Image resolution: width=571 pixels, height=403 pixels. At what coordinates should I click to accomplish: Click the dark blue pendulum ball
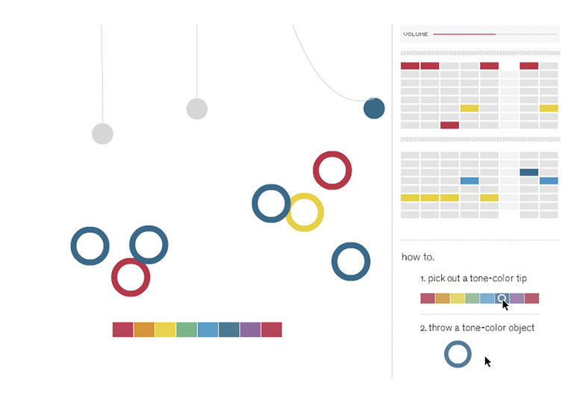coord(374,108)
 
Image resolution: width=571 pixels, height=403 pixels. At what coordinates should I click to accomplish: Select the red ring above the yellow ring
coord(332,170)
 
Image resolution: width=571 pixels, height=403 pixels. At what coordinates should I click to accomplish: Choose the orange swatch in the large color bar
coord(144,329)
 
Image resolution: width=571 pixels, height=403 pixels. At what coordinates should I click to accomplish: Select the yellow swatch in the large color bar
coord(165,329)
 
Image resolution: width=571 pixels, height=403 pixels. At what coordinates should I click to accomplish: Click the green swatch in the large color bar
coord(187,329)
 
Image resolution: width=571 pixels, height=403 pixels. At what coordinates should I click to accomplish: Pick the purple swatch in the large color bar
coord(250,329)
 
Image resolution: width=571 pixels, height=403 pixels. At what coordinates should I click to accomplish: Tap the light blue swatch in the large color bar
coord(208,329)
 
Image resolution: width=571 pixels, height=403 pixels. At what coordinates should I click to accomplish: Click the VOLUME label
coord(416,34)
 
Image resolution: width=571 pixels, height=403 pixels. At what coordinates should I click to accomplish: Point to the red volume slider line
coord(464,34)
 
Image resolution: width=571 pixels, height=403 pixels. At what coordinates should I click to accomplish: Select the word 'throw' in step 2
coord(440,328)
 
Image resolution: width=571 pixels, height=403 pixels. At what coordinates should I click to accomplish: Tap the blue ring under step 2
coord(458,354)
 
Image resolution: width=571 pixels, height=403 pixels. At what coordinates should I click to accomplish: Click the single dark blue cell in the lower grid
coord(529,172)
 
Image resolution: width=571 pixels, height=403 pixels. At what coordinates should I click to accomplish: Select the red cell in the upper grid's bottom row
coord(449,125)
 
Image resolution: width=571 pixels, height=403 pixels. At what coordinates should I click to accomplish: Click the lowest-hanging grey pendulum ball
coord(102,134)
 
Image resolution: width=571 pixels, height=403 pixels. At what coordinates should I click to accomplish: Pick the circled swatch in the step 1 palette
coord(502,299)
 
